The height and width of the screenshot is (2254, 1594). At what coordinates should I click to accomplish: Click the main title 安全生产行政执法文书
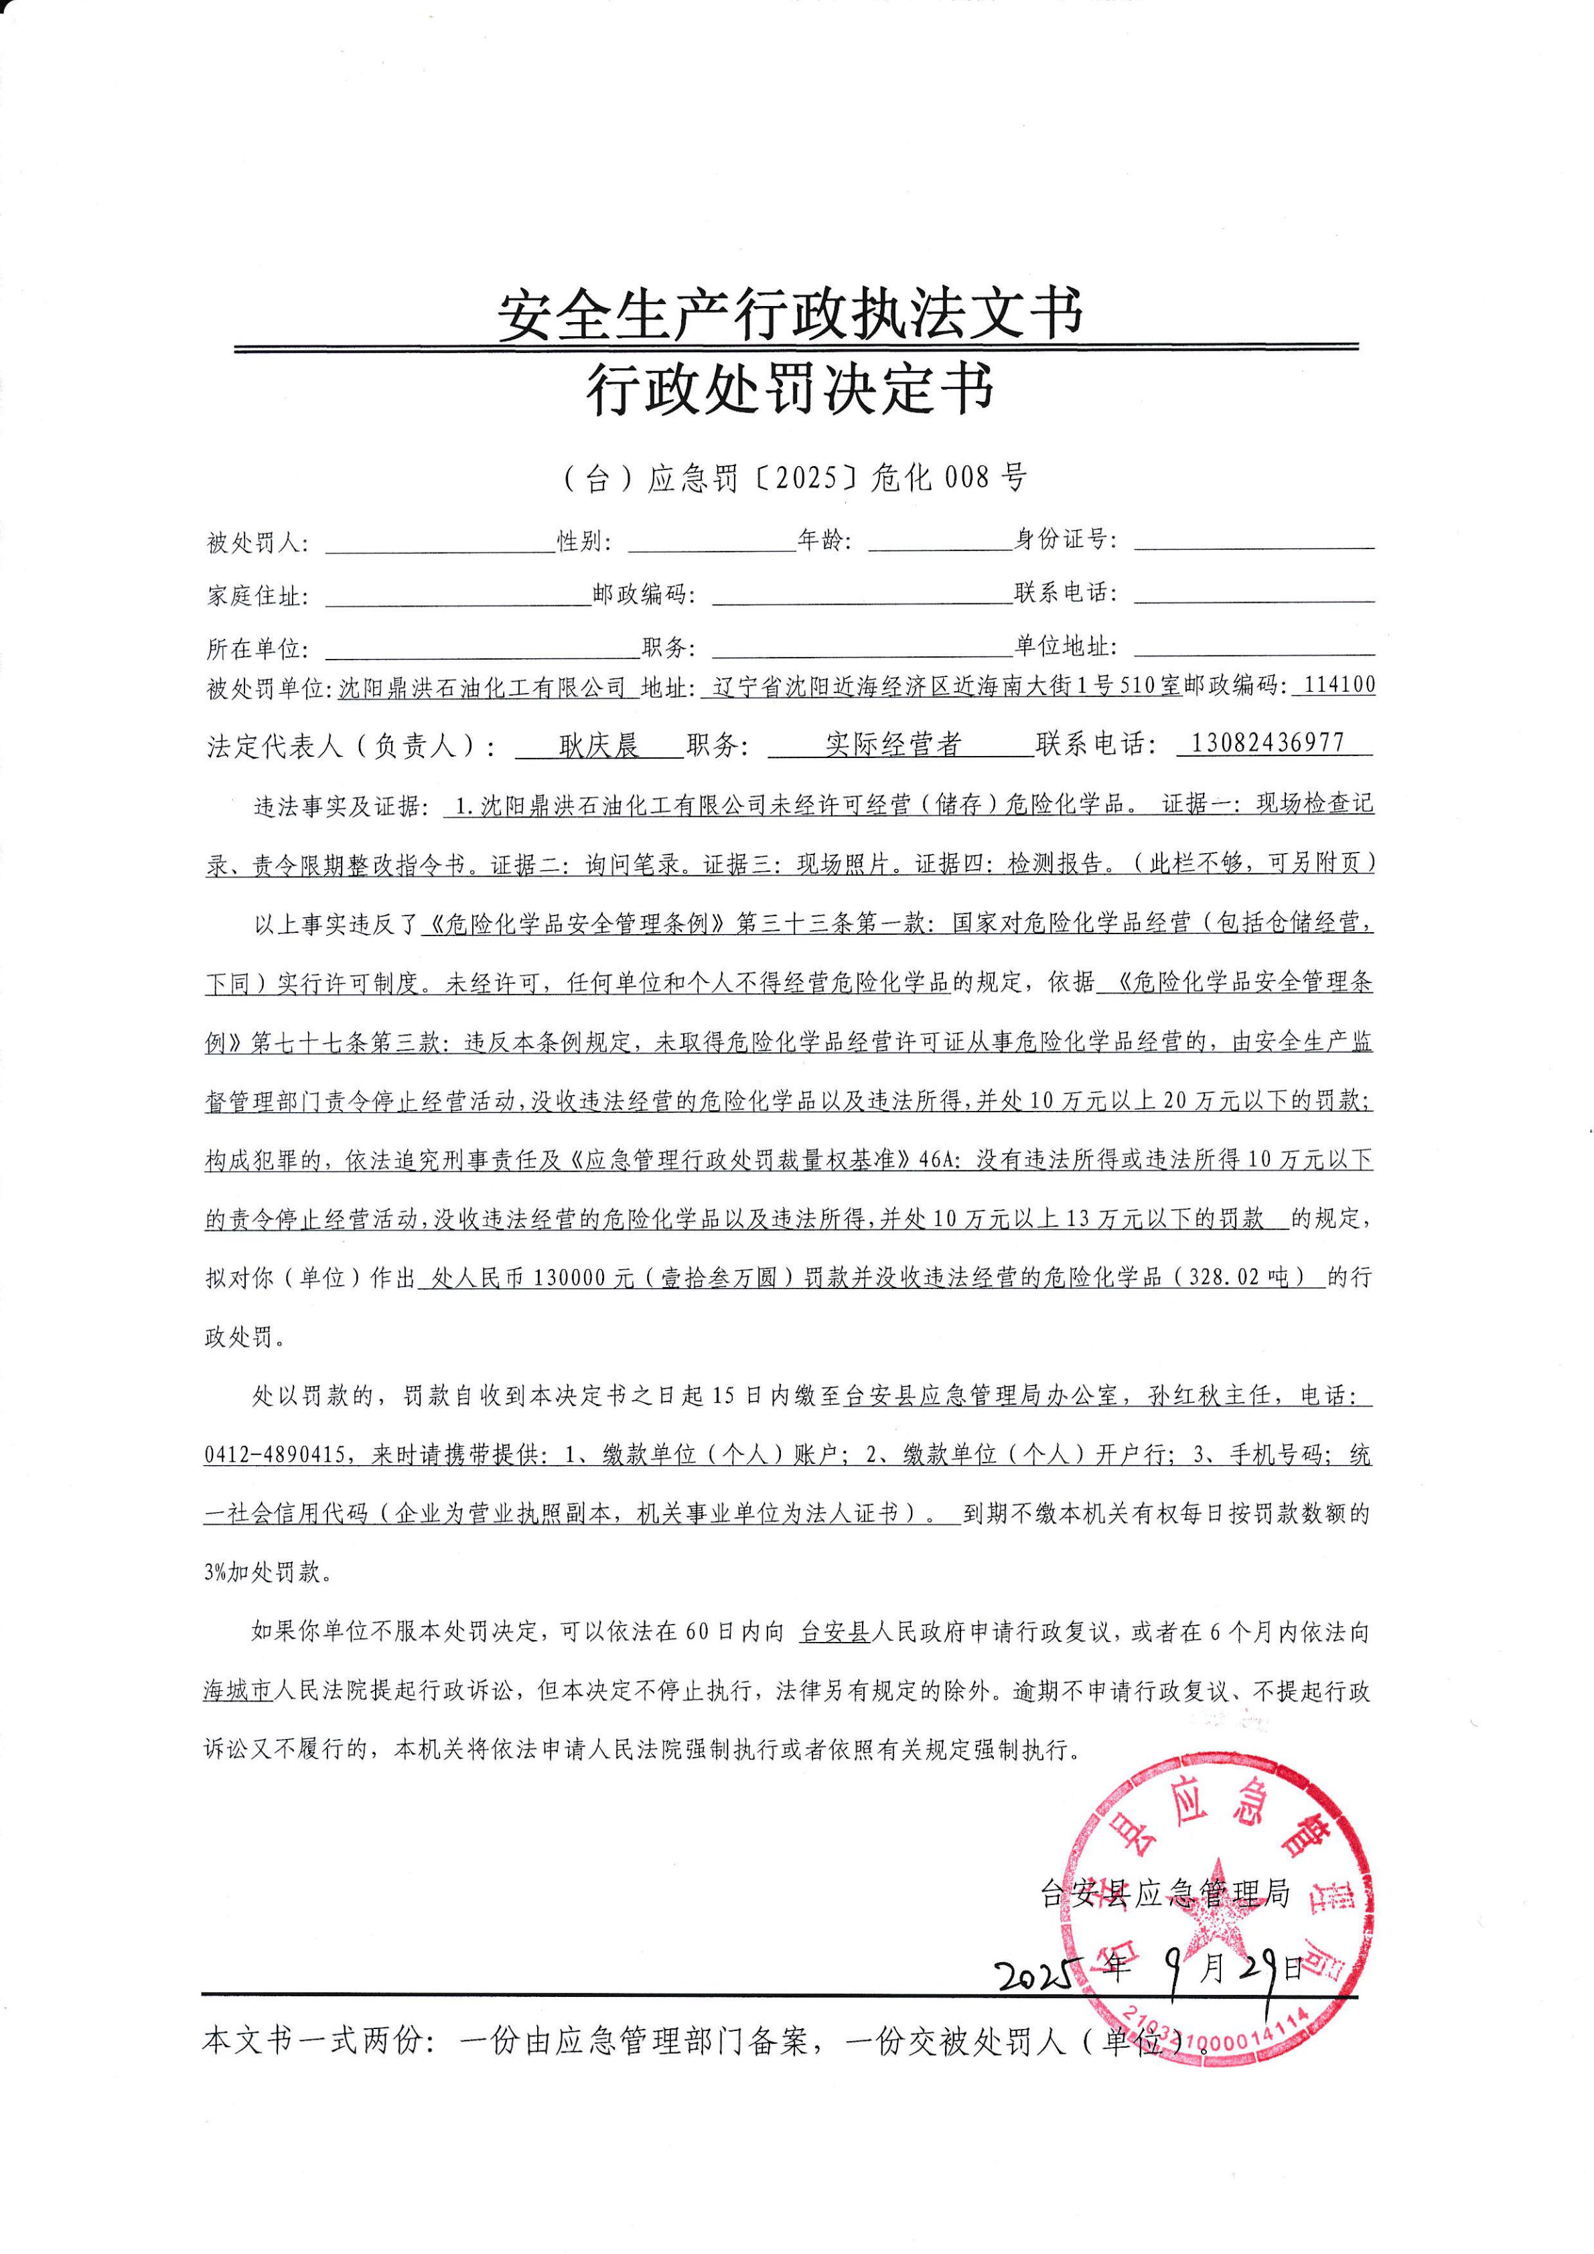coord(790,314)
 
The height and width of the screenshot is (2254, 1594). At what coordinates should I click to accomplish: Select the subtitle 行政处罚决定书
coord(790,389)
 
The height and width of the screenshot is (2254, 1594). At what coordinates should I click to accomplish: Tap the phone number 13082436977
coord(1267,743)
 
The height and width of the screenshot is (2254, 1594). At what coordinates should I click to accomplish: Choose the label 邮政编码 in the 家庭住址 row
coord(644,595)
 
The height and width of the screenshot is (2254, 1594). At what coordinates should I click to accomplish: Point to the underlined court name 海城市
coord(238,1690)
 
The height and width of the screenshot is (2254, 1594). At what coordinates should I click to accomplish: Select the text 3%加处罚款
coord(263,1572)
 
